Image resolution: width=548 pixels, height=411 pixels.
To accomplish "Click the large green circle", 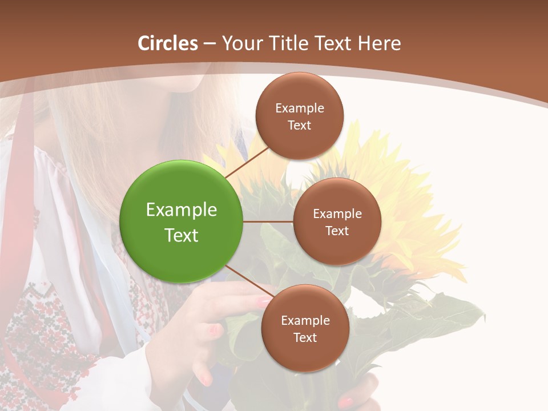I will click(182, 221).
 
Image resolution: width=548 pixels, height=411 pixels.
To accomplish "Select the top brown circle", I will click(299, 116).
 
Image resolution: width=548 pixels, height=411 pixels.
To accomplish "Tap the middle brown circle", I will click(337, 221).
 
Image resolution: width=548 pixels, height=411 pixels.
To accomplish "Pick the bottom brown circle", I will click(305, 328).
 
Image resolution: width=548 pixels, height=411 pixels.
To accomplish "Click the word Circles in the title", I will click(168, 43).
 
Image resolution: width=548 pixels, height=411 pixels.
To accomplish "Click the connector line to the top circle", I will click(247, 163).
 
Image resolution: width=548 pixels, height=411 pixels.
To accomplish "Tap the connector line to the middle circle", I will click(268, 221).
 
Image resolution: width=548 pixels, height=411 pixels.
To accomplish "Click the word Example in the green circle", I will click(182, 210).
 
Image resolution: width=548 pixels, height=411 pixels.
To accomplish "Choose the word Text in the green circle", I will click(182, 235).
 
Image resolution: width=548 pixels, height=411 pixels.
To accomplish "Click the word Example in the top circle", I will click(299, 108).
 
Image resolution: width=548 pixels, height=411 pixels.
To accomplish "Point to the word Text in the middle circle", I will click(337, 231).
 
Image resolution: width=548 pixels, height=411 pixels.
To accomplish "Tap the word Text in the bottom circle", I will click(305, 337).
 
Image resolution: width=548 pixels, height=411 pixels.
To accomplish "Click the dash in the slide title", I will click(209, 43).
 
